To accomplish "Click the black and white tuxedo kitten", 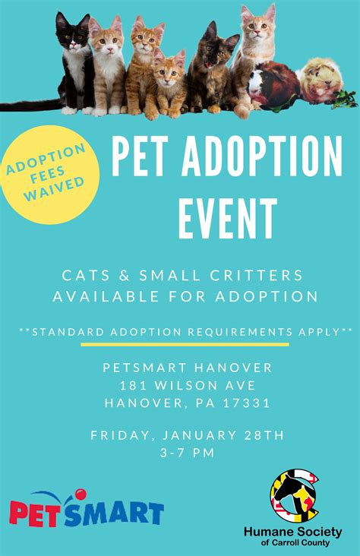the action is [74, 64].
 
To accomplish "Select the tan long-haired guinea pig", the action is [321, 81].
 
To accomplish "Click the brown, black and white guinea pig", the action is [273, 85].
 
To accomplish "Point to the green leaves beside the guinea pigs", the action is [346, 99].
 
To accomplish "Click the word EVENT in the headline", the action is [228, 219].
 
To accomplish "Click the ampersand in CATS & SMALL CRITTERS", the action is [124, 276].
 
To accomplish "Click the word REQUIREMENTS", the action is [240, 332].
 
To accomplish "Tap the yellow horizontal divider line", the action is [185, 344].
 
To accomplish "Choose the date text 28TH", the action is [264, 435].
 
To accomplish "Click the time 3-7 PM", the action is [188, 453].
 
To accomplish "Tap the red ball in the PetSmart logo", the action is [81, 494].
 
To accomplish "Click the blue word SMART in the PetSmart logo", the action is [114, 513].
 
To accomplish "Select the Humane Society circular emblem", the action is [294, 496].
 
